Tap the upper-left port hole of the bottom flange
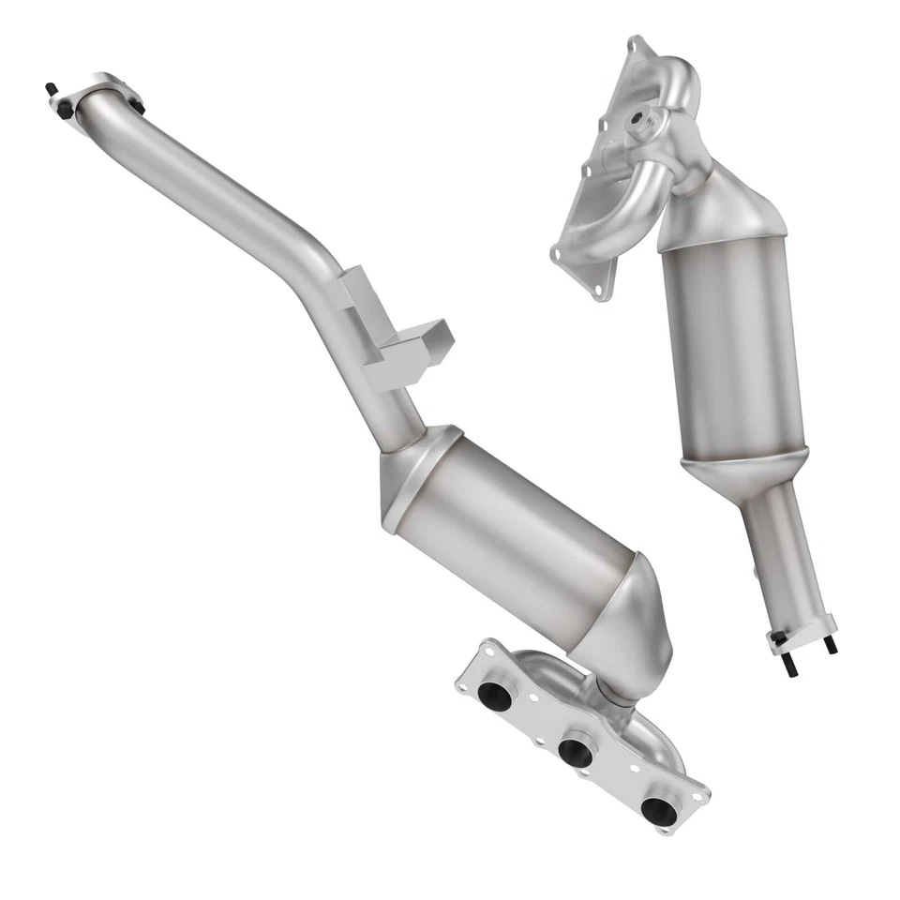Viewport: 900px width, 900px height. tap(494, 695)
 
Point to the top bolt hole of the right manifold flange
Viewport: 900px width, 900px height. tap(637, 44)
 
